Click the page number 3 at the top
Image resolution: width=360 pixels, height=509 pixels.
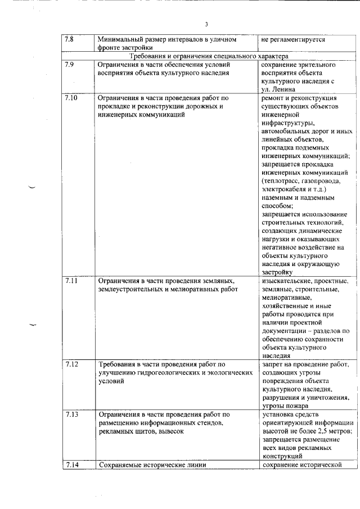pyautogui.click(x=206, y=24)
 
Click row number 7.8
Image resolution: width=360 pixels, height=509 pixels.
pyautogui.click(x=70, y=39)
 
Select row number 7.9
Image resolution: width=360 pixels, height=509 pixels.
pyautogui.click(x=70, y=65)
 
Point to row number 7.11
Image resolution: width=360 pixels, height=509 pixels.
pyautogui.click(x=71, y=280)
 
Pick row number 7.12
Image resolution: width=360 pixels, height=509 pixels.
pyautogui.click(x=71, y=364)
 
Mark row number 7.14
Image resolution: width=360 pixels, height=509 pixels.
pyautogui.click(x=71, y=465)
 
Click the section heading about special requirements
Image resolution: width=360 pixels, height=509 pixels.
pyautogui.click(x=209, y=57)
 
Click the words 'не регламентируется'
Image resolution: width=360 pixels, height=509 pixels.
pyautogui.click(x=293, y=40)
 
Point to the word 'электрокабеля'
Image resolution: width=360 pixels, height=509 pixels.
pyautogui.click(x=284, y=190)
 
